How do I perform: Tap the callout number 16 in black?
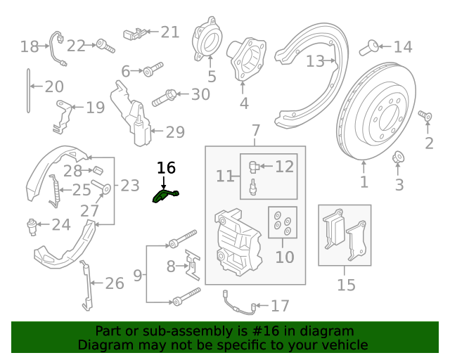(166, 168)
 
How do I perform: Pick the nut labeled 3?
(397, 156)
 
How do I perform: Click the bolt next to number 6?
(152, 70)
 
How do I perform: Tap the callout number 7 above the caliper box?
(255, 131)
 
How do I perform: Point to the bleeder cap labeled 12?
(254, 166)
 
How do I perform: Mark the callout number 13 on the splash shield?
(315, 61)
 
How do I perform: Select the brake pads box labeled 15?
(345, 235)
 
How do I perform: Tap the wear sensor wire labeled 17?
(235, 302)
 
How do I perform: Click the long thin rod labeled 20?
(29, 90)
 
